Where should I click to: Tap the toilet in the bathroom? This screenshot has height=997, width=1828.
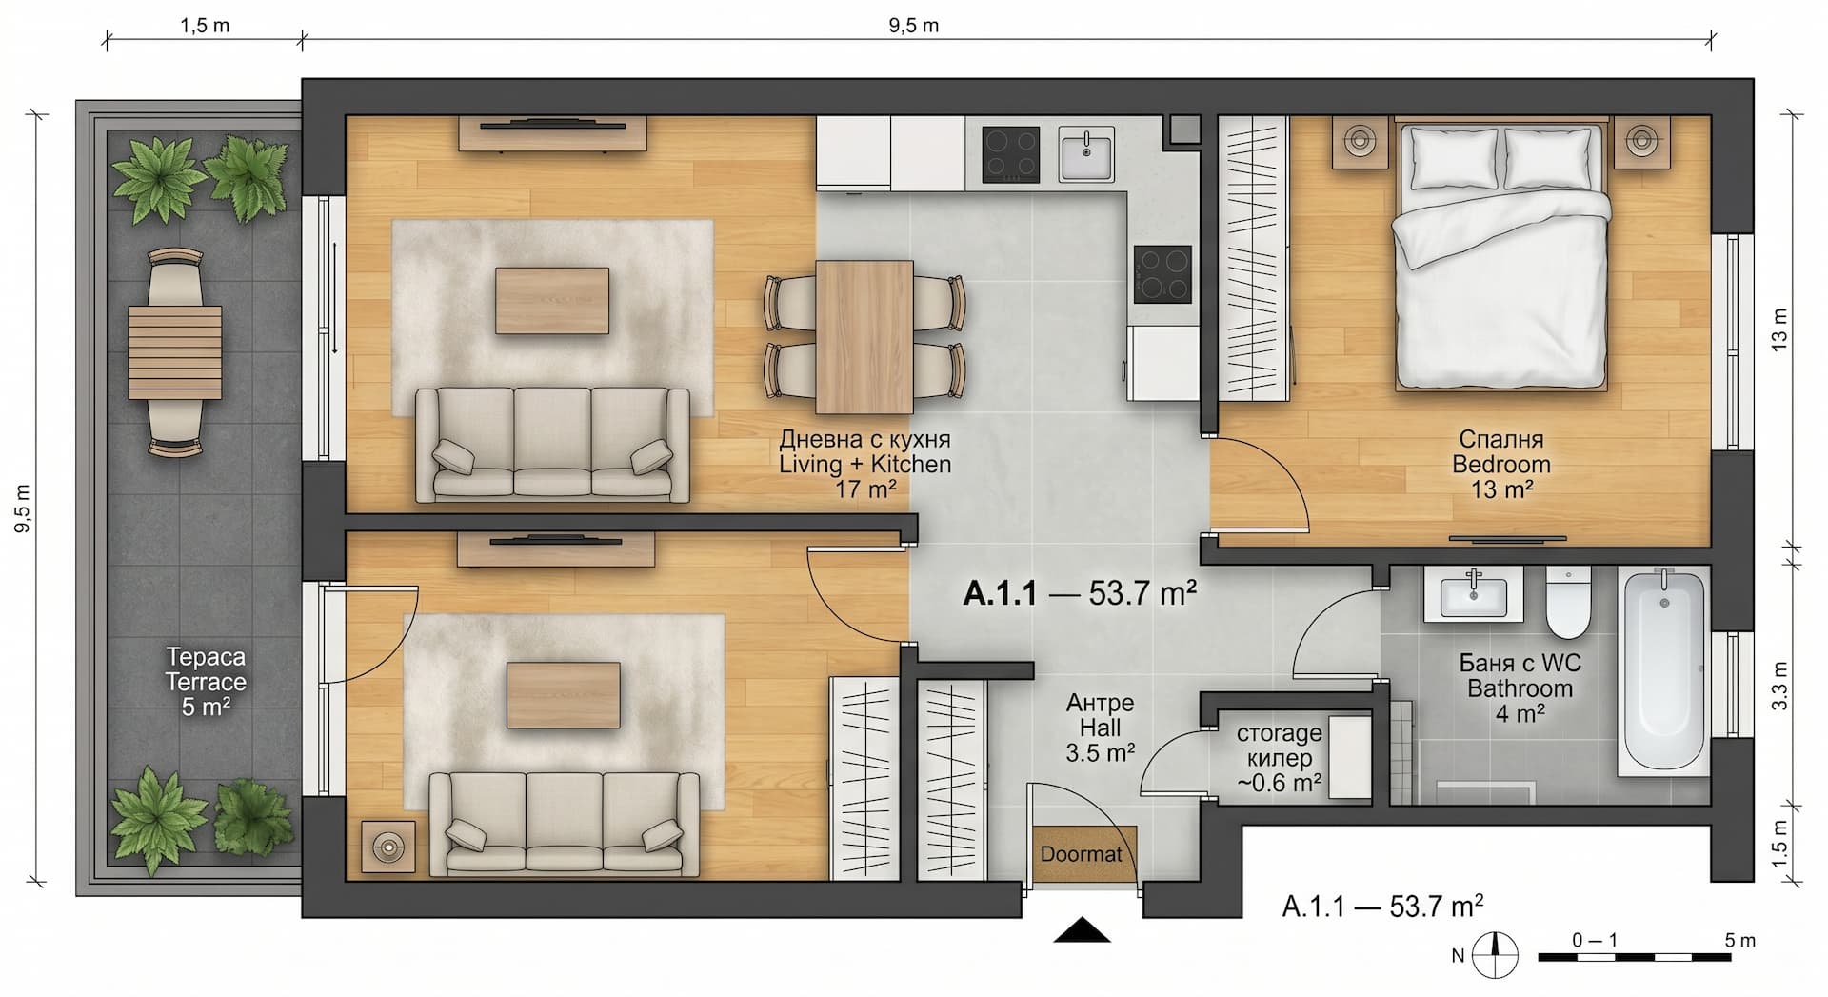(1567, 603)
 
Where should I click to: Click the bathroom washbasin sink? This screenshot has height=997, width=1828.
(1474, 597)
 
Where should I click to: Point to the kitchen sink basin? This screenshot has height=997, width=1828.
(1086, 154)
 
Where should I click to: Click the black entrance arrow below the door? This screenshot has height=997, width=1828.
(1083, 929)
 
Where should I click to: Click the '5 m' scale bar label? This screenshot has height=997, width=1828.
(1739, 940)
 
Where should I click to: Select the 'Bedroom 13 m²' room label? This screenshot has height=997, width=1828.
(1501, 477)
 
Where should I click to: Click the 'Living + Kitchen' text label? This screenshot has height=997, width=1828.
(864, 464)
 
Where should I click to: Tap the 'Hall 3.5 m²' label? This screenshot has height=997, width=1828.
(1100, 740)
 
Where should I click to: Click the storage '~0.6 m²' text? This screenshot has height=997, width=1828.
(1279, 783)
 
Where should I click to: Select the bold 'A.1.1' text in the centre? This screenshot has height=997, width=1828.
(999, 593)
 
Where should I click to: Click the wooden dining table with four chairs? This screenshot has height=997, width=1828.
(864, 337)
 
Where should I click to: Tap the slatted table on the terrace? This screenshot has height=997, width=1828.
(175, 352)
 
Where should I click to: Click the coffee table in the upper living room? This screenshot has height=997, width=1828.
(551, 300)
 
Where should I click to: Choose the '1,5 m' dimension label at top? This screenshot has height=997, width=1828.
(205, 25)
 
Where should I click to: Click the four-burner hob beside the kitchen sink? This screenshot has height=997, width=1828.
(1010, 154)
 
